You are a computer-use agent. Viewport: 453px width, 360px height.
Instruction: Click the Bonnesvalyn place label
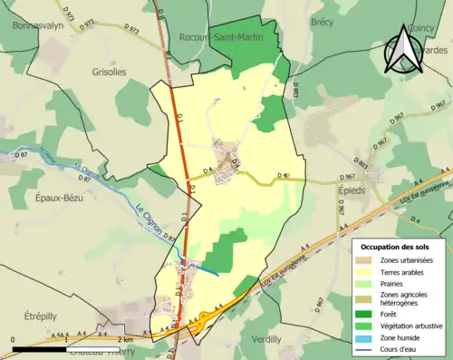38,26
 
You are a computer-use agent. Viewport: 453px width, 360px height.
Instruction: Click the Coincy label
421,29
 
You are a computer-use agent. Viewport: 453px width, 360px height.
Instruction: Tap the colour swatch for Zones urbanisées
368,261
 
